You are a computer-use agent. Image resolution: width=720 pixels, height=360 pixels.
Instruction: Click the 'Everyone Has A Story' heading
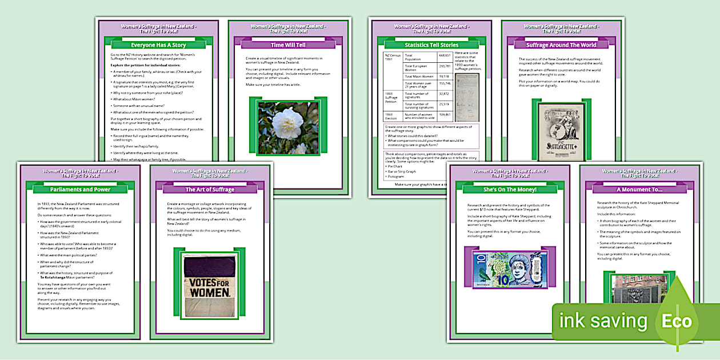pos(158,45)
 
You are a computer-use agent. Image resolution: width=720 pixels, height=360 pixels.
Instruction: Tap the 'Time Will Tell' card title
pos(288,45)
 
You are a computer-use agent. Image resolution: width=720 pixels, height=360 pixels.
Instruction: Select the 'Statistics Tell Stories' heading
pos(431,45)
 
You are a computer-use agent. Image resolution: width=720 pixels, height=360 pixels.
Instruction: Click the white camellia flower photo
pos(288,127)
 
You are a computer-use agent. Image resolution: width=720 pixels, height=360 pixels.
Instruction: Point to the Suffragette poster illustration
pos(561,133)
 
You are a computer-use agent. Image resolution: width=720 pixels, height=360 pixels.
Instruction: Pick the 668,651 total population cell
pos(445,55)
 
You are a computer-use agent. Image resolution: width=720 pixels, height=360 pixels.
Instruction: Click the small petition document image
pos(467,90)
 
